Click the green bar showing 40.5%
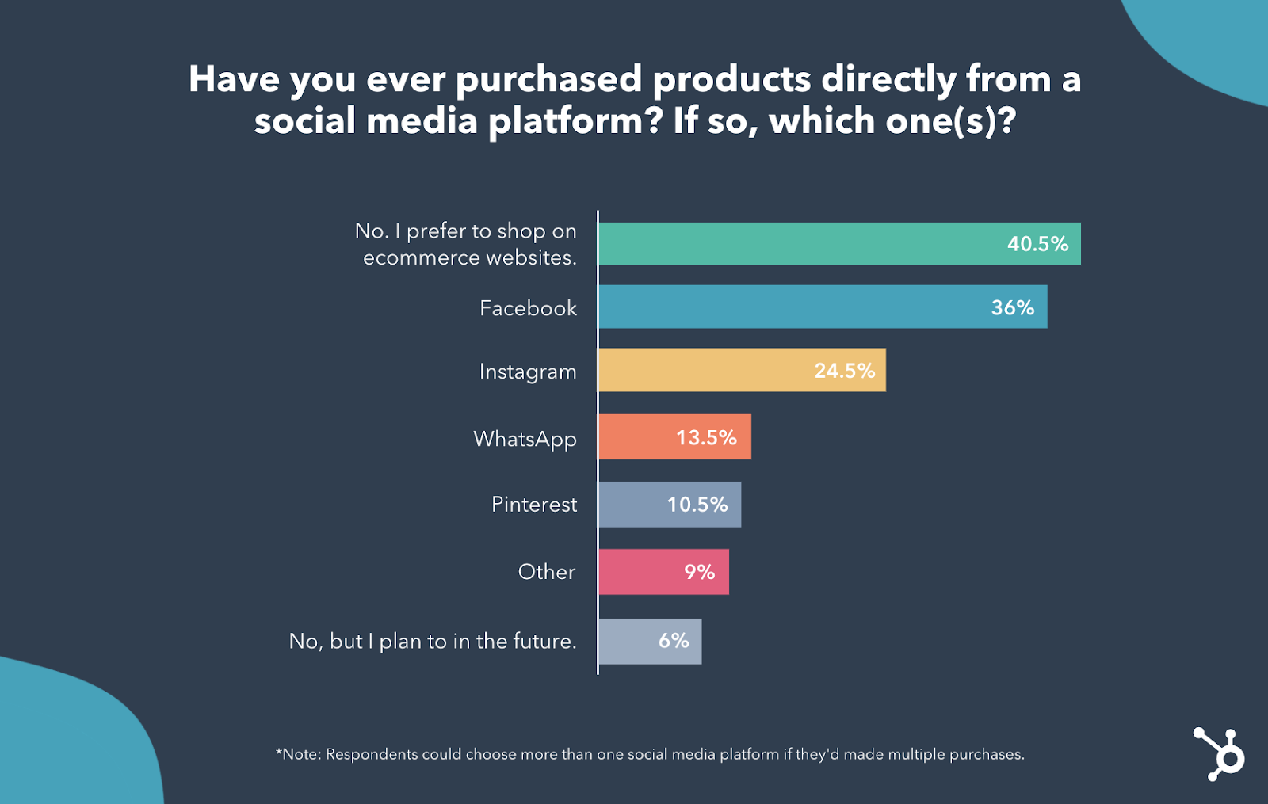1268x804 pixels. (x=792, y=244)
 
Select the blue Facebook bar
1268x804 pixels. (x=792, y=307)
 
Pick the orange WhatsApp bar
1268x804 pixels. (x=634, y=437)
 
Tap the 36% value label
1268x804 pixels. (x=1013, y=307)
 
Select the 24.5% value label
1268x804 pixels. (x=845, y=371)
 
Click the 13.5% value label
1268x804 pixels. (x=706, y=438)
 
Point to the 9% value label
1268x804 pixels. (x=699, y=572)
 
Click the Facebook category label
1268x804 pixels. (x=528, y=308)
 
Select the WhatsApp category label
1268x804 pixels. (x=525, y=440)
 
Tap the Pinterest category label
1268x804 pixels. (x=534, y=505)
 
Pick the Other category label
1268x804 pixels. (x=547, y=572)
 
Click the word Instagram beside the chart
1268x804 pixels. (x=528, y=372)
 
